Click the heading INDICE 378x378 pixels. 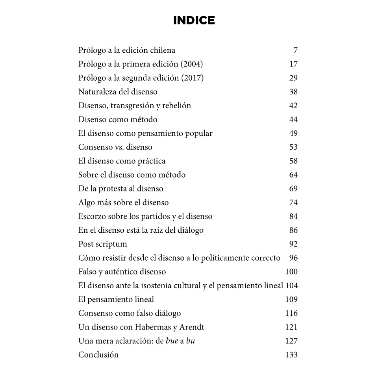194,20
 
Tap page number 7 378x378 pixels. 295,50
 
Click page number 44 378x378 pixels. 293,120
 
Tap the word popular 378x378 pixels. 198,133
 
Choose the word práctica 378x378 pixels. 152,161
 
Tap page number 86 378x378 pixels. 293,230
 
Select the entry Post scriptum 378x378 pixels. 103,244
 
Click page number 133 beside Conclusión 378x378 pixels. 291,355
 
